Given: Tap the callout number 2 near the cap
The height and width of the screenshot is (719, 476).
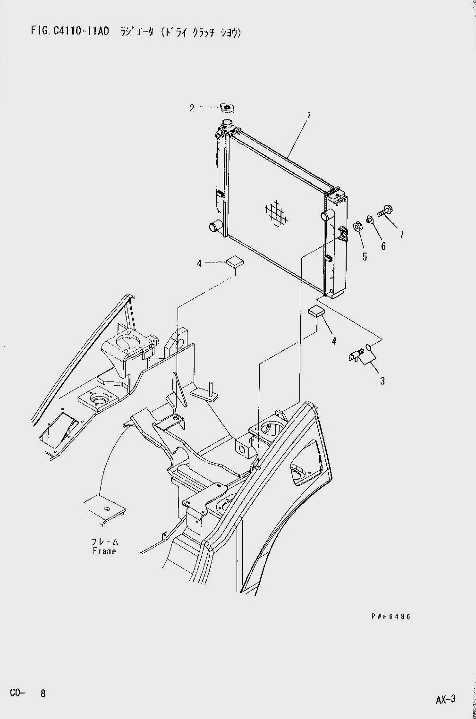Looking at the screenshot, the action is pyautogui.click(x=192, y=108).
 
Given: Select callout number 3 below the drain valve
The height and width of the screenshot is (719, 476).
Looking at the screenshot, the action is pyautogui.click(x=382, y=381).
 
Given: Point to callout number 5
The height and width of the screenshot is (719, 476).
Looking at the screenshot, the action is pyautogui.click(x=365, y=257).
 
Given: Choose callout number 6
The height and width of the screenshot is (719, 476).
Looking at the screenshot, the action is pyautogui.click(x=383, y=246).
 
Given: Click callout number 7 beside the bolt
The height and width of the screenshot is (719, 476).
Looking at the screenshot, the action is pyautogui.click(x=401, y=235).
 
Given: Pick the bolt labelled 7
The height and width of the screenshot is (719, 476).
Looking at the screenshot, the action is pyautogui.click(x=384, y=212).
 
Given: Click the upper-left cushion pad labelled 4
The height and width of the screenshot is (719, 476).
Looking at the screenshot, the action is pyautogui.click(x=235, y=261).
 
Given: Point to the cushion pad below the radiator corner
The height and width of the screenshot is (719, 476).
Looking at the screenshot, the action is pyautogui.click(x=316, y=311).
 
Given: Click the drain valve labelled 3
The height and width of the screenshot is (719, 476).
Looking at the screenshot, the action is pyautogui.click(x=356, y=355).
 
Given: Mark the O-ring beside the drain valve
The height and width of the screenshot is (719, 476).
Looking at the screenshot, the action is pyautogui.click(x=369, y=347).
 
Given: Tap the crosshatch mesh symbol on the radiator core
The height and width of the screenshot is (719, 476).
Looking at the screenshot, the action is pyautogui.click(x=276, y=213).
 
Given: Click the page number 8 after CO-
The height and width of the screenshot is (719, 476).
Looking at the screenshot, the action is pyautogui.click(x=42, y=702).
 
